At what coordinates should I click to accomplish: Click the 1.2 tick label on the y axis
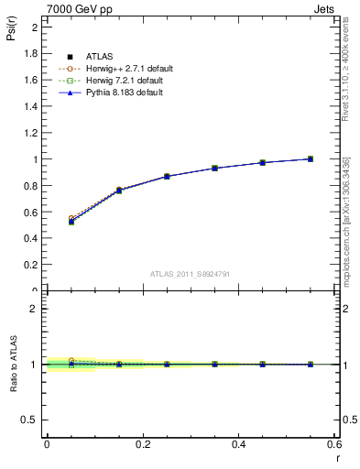(x=32, y=133)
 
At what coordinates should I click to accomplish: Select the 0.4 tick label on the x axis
(x=238, y=444)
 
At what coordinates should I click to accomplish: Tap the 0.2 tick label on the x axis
(x=142, y=444)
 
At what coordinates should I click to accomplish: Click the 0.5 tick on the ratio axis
(x=32, y=420)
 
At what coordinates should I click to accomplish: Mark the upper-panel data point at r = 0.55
(x=311, y=158)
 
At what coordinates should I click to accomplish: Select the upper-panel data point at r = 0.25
(x=167, y=176)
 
